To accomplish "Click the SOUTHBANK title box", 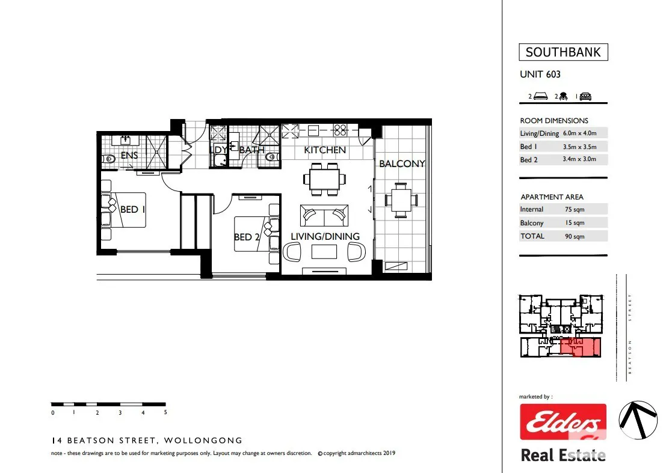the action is tap(563, 52).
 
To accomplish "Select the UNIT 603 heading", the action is tap(540, 74).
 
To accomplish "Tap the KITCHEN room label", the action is tap(325, 150).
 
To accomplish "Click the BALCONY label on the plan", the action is tap(402, 163).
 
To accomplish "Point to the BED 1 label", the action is tap(133, 210).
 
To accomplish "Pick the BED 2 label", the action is tap(247, 237).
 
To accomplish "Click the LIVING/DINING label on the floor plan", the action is tap(325, 237).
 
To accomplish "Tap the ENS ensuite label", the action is tap(129, 156).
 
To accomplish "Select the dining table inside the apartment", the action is tap(325, 179).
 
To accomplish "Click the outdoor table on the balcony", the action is tap(401, 200).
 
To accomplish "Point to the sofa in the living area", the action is tap(324, 215).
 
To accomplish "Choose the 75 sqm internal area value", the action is tap(575, 210).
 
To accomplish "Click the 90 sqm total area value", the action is tap(575, 237).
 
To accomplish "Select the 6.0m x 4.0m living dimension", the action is tap(579, 133).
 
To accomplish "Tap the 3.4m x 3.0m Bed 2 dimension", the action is tap(579, 159).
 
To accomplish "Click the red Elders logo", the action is tap(563, 422).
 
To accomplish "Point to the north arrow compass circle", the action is tap(638, 420).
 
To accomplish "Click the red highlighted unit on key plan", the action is tap(580, 347).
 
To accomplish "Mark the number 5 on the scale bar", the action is tap(165, 412).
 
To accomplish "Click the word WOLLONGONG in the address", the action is tap(203, 441).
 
